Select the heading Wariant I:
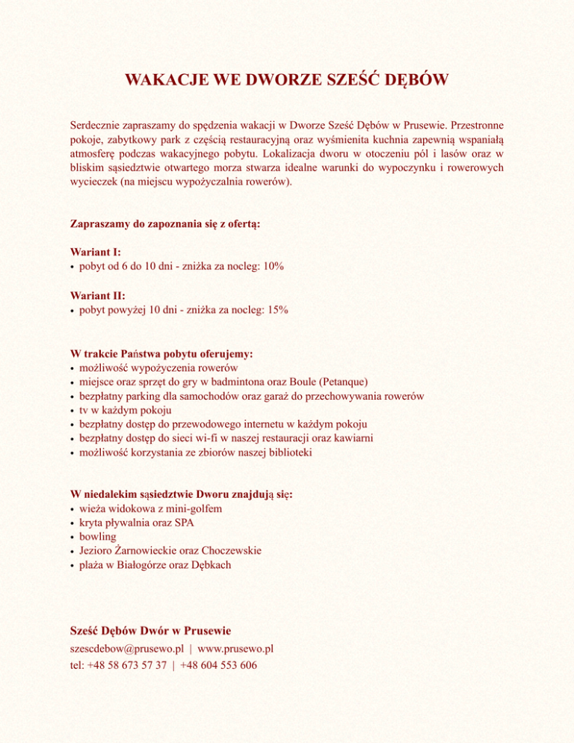[95, 253]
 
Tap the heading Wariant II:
[97, 296]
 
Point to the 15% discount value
[276, 310]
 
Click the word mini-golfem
[194, 508]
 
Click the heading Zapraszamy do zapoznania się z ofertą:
[165, 223]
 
